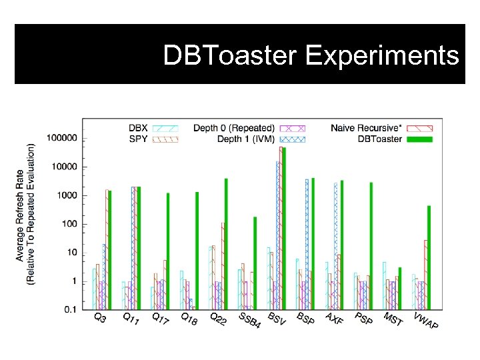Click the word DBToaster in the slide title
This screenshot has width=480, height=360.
coord(232,56)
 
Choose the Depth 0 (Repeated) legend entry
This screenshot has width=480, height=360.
coord(233,127)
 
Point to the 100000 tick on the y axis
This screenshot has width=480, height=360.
coord(62,138)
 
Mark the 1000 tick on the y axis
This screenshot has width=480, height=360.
coord(67,195)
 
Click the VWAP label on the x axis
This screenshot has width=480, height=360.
coord(425,321)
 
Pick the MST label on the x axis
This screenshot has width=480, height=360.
coord(393,319)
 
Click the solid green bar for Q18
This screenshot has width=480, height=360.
coord(197,250)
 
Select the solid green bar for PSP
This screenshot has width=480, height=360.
coord(371,245)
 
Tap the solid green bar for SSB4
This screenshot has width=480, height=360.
coord(255,263)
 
